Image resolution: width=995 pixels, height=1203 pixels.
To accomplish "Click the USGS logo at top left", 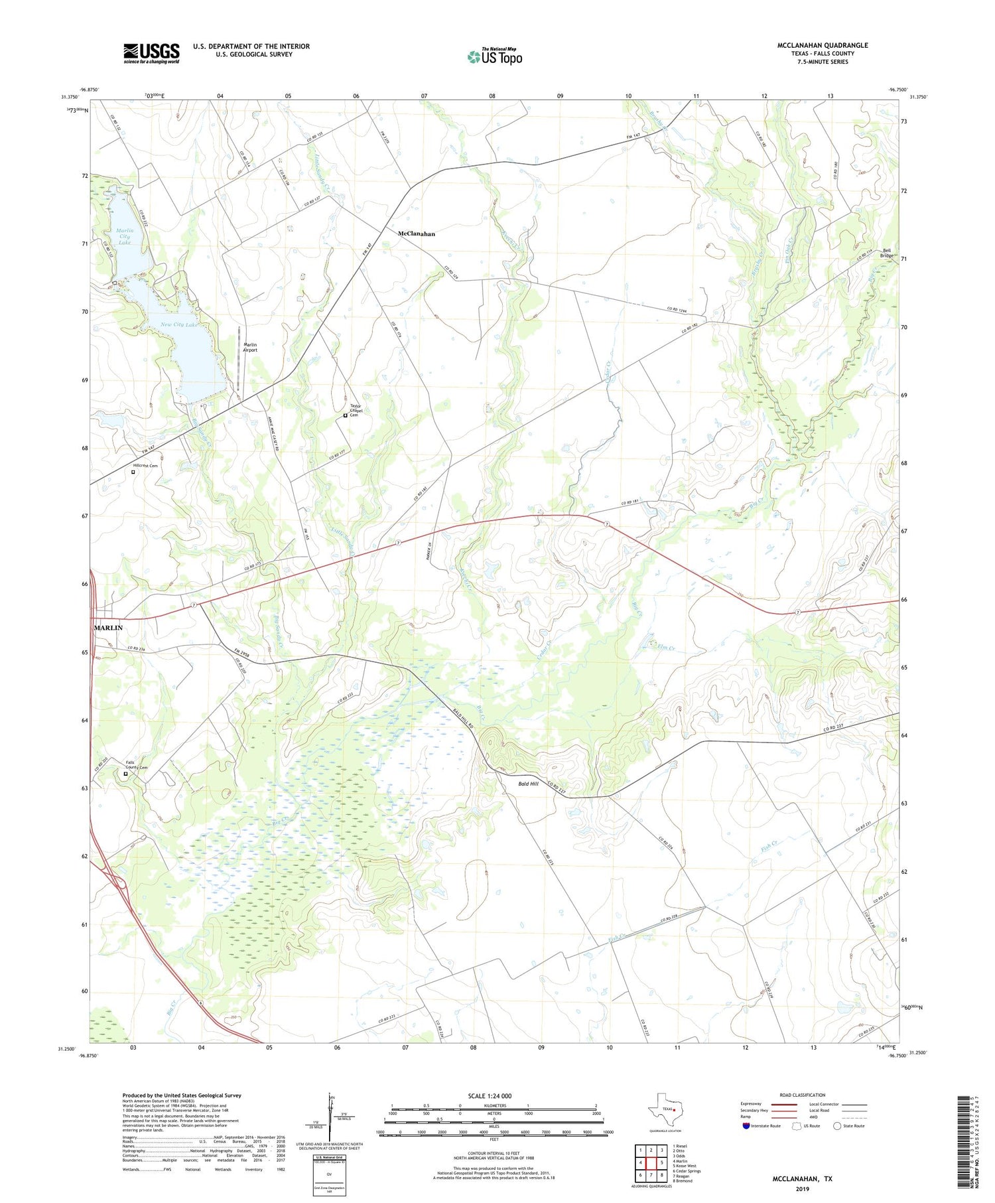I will (x=151, y=53).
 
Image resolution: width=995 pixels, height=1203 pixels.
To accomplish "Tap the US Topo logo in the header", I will (x=494, y=57).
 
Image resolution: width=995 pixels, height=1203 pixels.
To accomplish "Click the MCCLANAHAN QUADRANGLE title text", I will (x=823, y=45).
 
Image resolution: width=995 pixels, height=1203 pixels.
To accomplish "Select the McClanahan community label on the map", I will (x=416, y=234).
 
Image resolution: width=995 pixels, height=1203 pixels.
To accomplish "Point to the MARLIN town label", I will (x=108, y=628).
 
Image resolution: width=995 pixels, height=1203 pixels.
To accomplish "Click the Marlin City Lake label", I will (x=124, y=237).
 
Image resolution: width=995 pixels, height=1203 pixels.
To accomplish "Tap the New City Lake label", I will (x=179, y=324).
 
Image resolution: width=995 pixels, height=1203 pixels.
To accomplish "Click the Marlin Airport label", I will (x=250, y=347).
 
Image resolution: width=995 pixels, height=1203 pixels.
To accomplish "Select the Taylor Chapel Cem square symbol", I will (x=345, y=416).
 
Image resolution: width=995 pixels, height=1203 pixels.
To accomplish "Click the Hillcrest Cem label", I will (x=145, y=466).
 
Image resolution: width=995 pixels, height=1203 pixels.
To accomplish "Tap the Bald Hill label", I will (x=528, y=784).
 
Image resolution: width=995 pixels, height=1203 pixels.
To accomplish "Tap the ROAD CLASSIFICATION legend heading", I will (x=802, y=1095).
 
